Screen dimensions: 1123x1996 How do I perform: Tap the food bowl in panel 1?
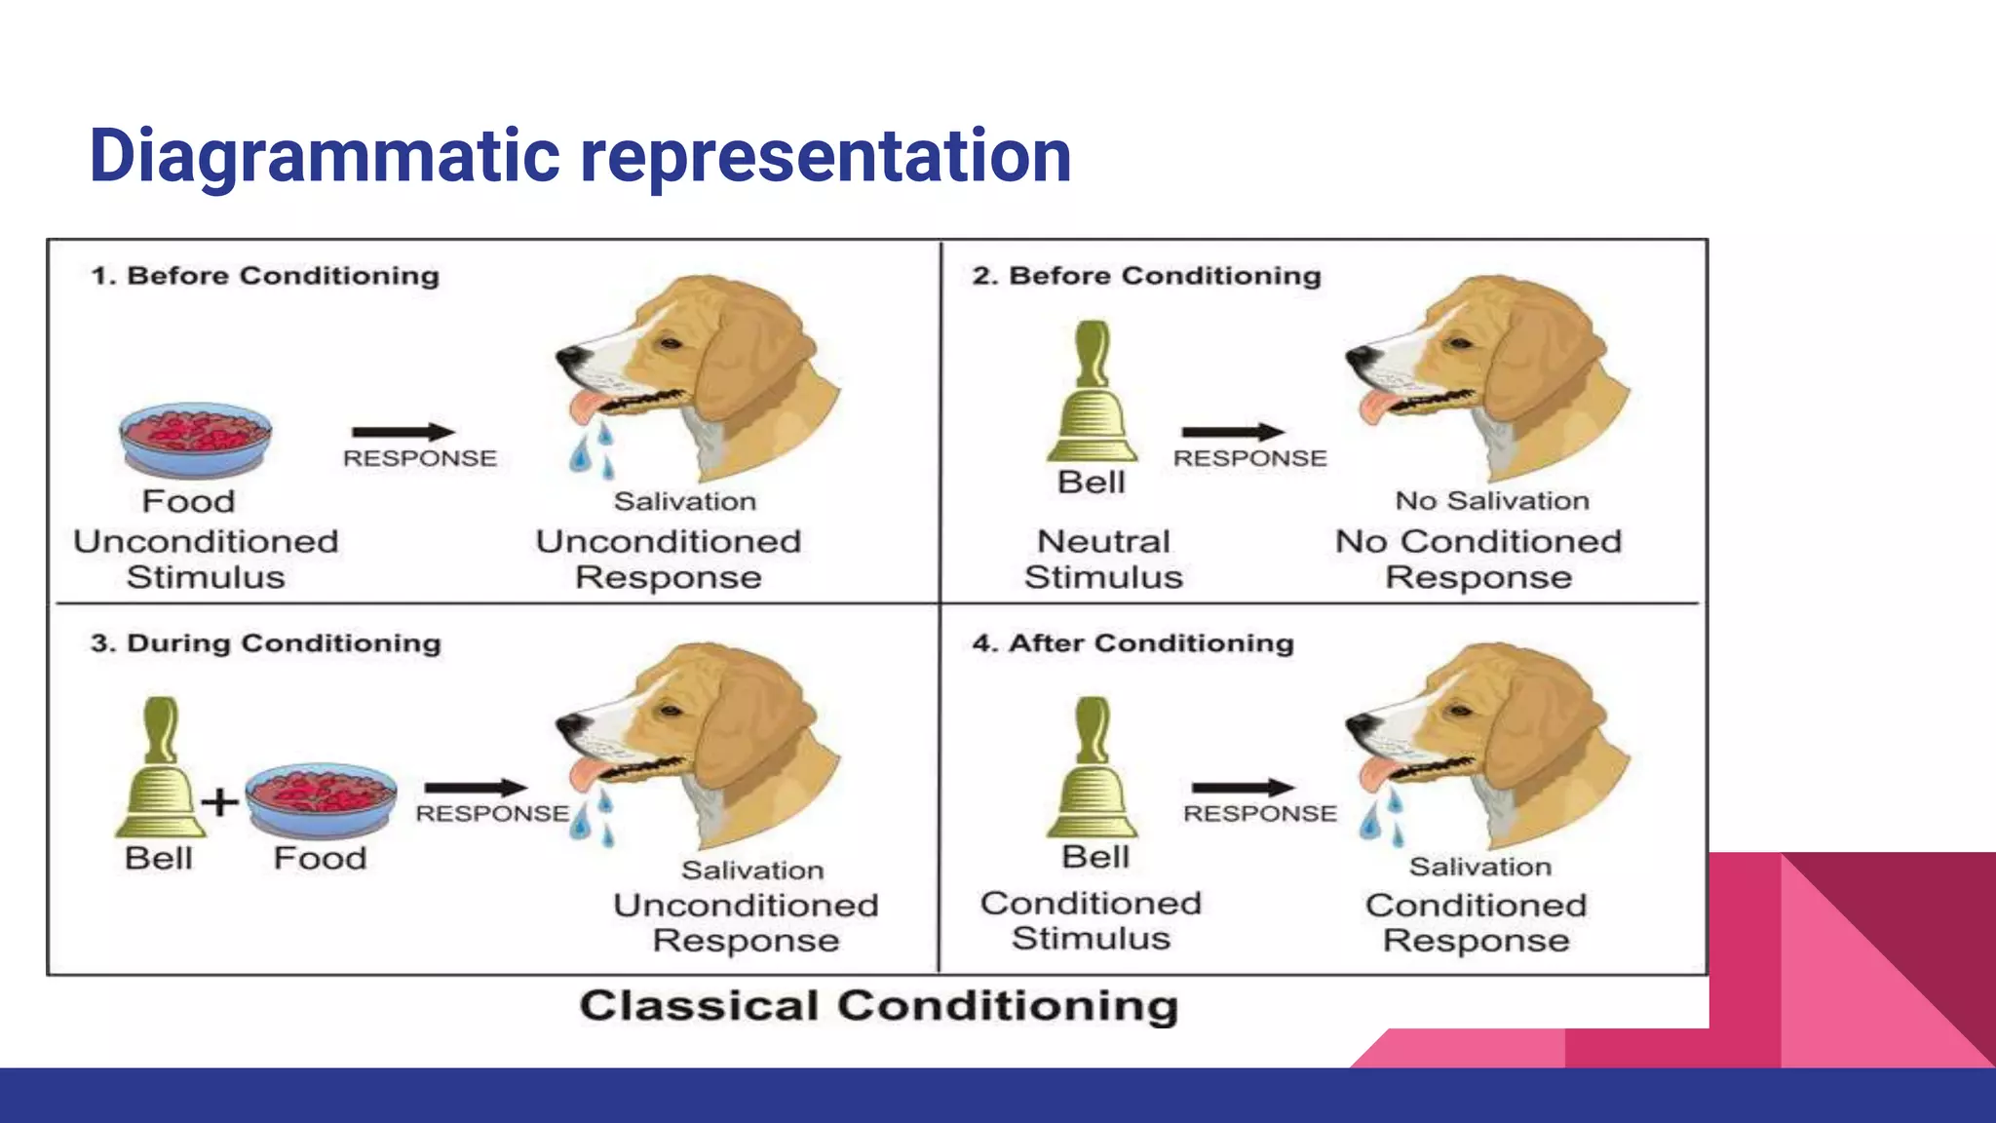pos(195,439)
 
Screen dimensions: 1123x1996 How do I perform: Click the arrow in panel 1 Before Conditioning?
pos(403,432)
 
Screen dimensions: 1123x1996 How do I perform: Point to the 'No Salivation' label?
pos(1492,501)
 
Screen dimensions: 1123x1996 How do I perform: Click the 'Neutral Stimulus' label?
pos(1103,559)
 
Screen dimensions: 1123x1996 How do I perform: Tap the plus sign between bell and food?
pos(220,802)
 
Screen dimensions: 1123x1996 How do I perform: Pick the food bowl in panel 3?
pos(321,799)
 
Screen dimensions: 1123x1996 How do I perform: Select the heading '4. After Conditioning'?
pos(1132,643)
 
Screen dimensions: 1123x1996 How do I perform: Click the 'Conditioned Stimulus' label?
pos(1091,920)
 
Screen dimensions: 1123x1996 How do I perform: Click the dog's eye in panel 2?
pos(1459,343)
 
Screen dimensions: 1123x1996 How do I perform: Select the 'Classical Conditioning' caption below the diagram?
pos(878,1006)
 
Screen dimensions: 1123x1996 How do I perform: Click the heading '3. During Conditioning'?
pos(265,643)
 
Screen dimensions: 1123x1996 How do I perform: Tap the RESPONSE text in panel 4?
pos(1259,814)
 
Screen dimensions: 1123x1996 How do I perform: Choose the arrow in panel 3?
pos(476,788)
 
